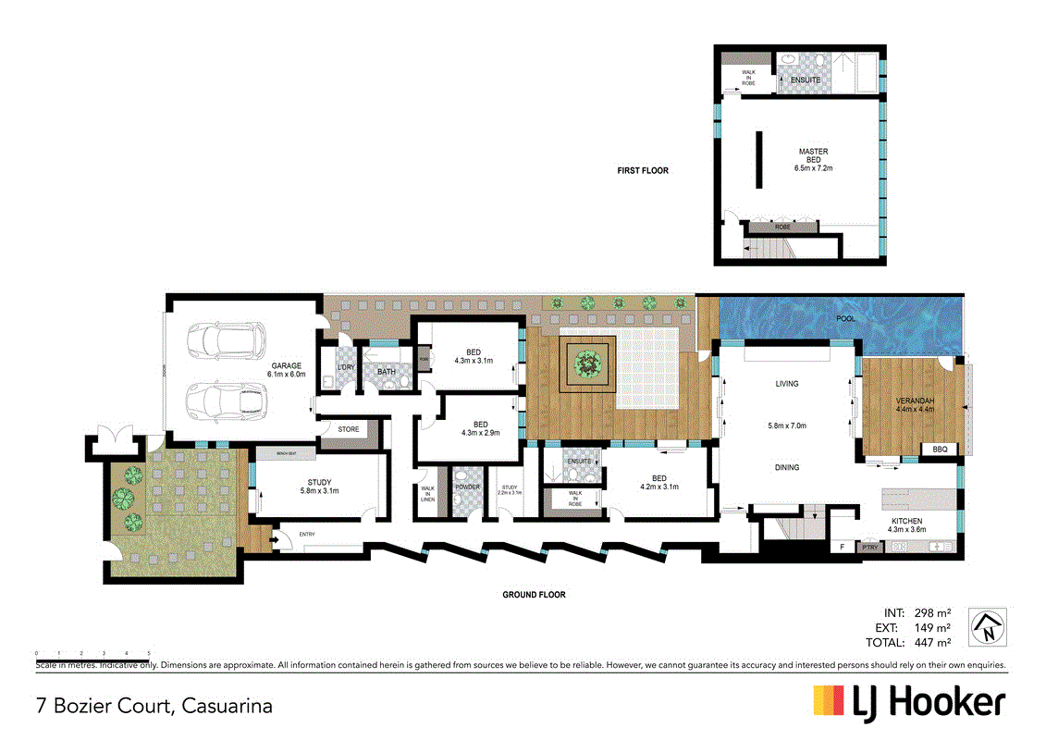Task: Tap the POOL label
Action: [845, 319]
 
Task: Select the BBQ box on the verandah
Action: [940, 450]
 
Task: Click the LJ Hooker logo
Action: [908, 703]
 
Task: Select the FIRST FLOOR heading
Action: [643, 170]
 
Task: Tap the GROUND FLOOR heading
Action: [534, 595]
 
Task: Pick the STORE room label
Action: [348, 429]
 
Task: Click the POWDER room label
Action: [467, 487]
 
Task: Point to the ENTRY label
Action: [306, 534]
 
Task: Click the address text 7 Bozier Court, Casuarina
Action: [154, 706]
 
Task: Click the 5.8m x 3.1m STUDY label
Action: [319, 487]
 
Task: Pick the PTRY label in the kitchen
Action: [869, 548]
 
